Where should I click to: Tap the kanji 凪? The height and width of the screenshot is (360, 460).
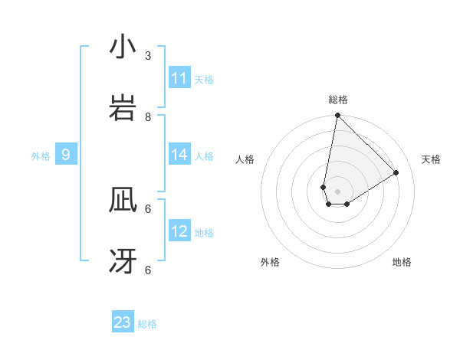point(123,201)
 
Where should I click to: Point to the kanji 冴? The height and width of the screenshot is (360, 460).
point(123,261)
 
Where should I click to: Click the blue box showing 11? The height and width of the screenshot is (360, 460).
point(179,78)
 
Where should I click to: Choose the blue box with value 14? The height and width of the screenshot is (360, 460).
point(179,155)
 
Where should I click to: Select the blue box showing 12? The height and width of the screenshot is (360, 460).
point(179,231)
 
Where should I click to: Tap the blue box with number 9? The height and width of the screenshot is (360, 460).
point(66,155)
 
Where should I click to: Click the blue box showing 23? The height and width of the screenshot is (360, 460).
point(123,322)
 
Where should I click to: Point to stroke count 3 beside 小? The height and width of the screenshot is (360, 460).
point(148,55)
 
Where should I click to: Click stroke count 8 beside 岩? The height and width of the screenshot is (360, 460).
point(148,116)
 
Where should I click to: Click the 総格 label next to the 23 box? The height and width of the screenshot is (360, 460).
point(147,323)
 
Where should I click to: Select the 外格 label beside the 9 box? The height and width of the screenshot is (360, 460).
point(41,155)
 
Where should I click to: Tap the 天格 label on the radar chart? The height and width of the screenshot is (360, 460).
point(431,159)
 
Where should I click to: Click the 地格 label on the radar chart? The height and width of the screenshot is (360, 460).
point(402,262)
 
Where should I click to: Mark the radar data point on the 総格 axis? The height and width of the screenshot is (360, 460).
point(337,116)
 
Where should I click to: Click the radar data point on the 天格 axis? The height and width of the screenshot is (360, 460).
point(396,172)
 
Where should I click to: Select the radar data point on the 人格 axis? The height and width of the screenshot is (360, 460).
point(324,187)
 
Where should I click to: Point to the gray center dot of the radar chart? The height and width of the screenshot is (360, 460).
point(337,191)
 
